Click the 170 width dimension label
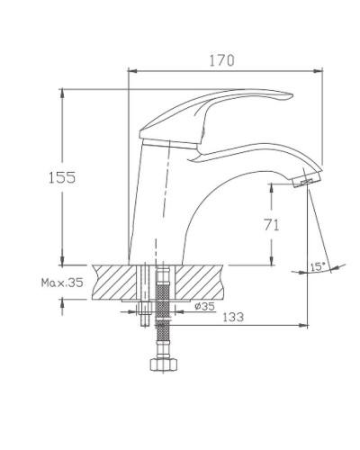coord(222,60)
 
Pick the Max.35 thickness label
coord(61,282)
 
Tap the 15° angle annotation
coord(317,265)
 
